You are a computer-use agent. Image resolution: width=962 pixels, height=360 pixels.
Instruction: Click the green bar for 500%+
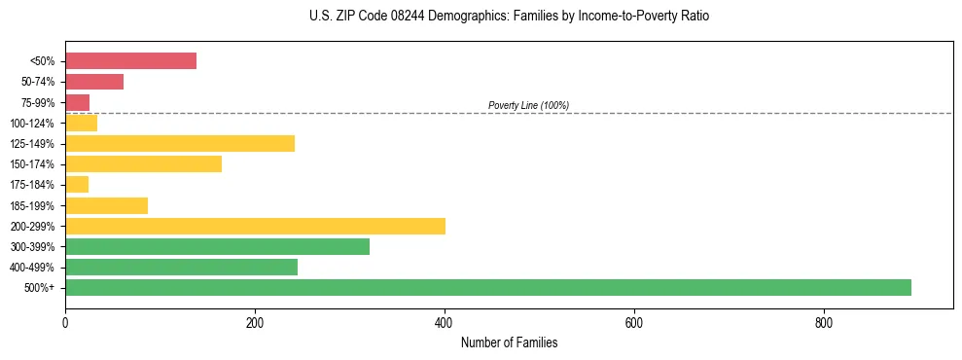[487, 287]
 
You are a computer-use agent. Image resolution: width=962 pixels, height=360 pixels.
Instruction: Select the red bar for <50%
[130, 61]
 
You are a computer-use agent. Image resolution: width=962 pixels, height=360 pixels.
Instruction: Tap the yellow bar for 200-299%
[255, 226]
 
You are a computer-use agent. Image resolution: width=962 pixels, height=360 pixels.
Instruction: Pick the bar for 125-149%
[180, 144]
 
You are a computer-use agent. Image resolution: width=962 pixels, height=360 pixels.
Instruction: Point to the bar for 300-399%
[217, 246]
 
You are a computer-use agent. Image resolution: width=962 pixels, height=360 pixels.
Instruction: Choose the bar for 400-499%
[181, 267]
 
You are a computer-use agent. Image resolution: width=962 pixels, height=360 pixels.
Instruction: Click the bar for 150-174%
[143, 164]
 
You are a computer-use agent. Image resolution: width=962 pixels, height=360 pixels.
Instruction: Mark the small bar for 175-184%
[77, 185]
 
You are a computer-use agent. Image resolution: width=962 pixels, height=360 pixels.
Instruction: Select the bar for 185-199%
[106, 205]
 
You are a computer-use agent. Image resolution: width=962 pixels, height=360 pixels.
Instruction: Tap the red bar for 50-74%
[94, 82]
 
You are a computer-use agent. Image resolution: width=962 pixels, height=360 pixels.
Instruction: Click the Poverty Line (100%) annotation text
[528, 105]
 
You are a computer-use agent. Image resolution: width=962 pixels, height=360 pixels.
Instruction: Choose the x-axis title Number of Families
[509, 342]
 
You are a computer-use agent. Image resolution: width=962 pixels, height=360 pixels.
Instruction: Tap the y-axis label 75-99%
[39, 103]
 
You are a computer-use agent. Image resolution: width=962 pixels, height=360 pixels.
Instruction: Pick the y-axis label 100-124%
[34, 124]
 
